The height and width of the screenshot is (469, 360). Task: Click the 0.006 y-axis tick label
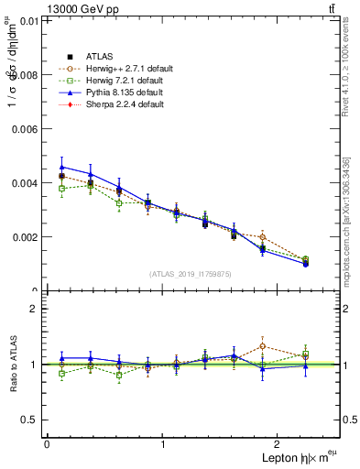[x=25, y=129]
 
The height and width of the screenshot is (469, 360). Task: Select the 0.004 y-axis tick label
[x=25, y=183]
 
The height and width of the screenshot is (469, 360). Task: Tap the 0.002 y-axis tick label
[x=25, y=237]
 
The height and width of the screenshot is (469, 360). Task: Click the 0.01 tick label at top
[x=28, y=21]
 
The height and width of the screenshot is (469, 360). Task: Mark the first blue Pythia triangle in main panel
[x=61, y=167]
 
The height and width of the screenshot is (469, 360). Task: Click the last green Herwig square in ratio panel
[x=305, y=354]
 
